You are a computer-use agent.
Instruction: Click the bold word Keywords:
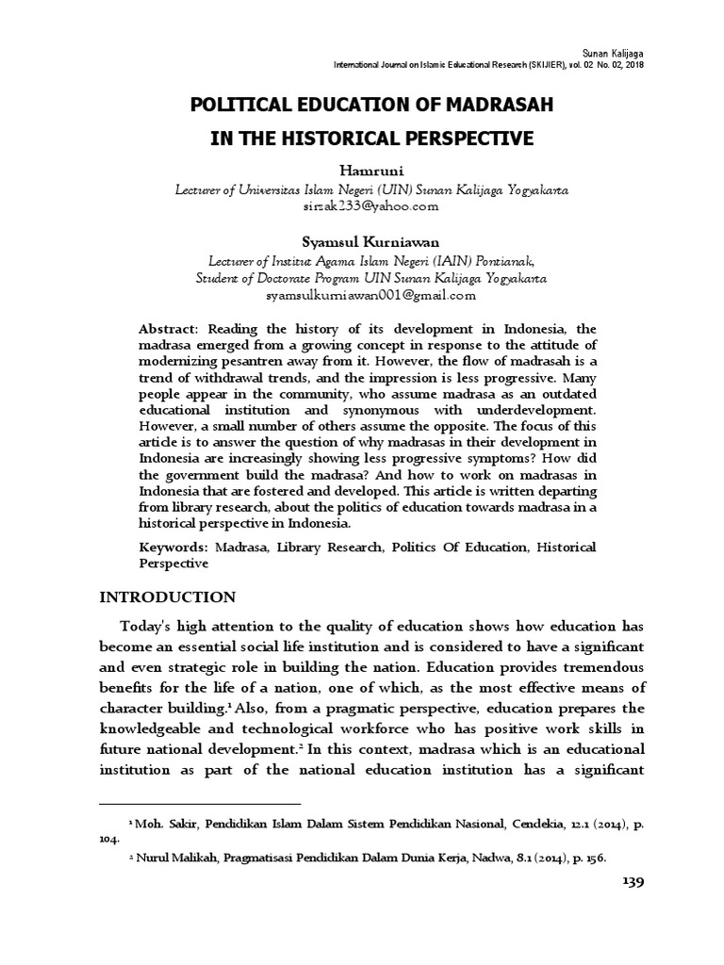click(173, 547)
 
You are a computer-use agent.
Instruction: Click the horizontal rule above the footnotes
click(199, 804)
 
